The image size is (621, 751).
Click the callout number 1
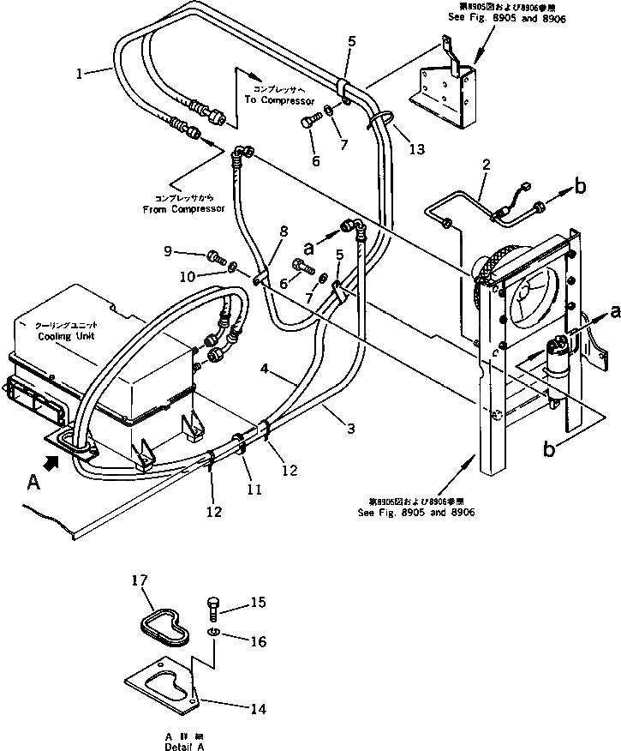click(80, 74)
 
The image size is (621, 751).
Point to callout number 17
click(140, 582)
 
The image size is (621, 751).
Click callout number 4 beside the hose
click(266, 369)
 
